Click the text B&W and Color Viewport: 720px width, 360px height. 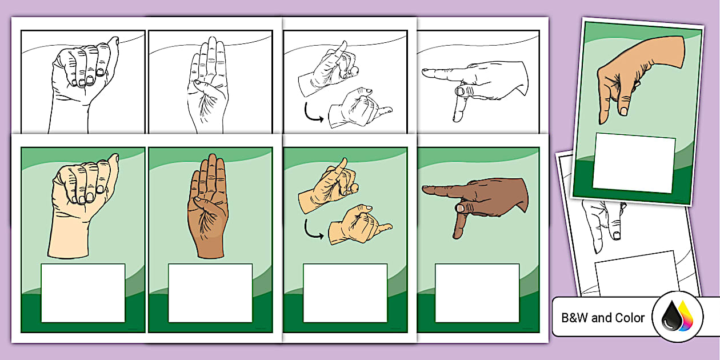click(603, 318)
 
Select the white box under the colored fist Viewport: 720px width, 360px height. click(83, 293)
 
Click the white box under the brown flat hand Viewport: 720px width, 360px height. click(210, 293)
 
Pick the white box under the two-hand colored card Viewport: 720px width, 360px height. click(345, 293)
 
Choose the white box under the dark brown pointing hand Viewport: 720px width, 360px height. click(477, 293)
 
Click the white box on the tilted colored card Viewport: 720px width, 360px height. click(634, 163)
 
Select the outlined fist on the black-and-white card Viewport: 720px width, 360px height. click(85, 74)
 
